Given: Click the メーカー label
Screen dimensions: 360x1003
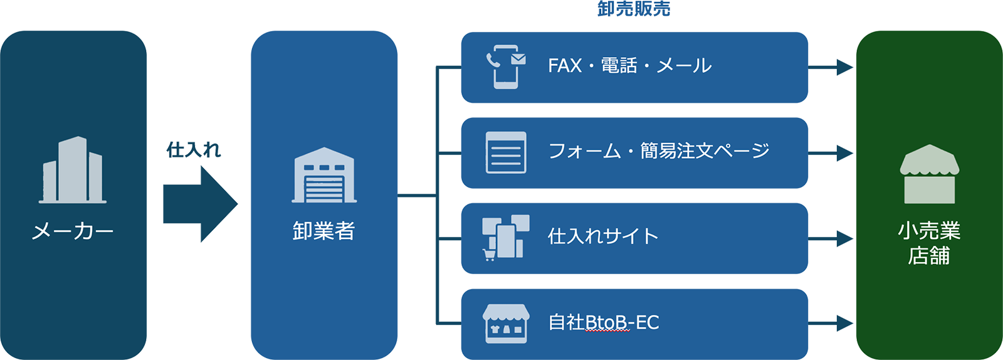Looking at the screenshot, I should coord(73,231).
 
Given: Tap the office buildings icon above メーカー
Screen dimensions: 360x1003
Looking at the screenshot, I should coord(73,170).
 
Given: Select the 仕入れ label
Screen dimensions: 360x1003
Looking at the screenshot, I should coord(194,149).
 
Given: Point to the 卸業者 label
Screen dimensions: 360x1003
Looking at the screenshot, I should coord(324,231).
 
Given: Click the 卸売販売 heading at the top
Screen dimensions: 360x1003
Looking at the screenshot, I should coord(633,9).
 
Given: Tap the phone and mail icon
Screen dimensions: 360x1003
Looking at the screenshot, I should coord(506,66).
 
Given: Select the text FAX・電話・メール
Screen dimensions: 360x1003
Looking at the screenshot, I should coord(629,66).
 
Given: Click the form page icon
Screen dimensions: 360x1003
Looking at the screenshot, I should coord(506,152).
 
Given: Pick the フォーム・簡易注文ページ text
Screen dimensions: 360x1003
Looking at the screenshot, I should coord(658,151).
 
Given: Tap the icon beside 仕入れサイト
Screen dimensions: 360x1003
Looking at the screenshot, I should coord(505,237).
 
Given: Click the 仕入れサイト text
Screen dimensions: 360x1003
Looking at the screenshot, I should coord(603,236).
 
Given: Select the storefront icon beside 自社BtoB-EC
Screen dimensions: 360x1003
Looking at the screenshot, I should coord(506,323).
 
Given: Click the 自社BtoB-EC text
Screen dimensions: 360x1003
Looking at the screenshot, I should coord(604,322).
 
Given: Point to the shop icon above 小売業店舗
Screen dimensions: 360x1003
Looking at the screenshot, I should coord(929,174).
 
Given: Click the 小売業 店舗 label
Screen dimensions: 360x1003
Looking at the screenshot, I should coord(929,243).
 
